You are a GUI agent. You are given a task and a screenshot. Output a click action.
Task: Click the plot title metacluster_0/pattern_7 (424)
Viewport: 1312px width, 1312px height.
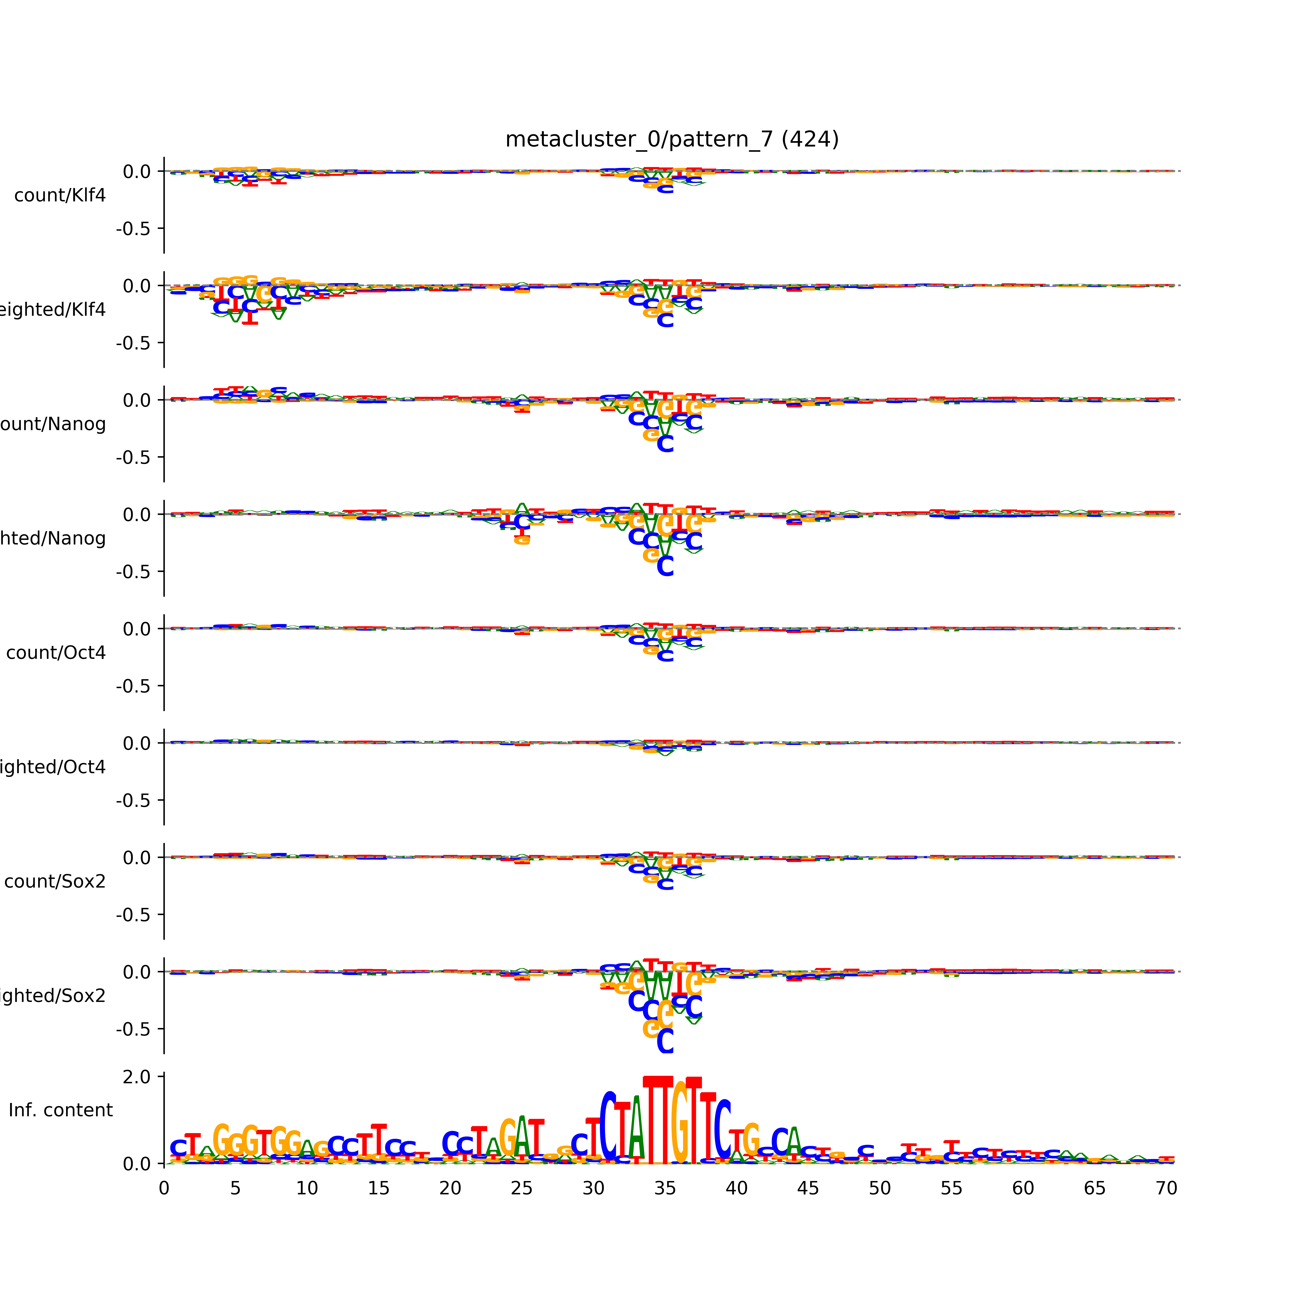(672, 139)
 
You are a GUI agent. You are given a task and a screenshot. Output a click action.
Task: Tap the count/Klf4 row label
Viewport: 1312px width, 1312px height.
(60, 195)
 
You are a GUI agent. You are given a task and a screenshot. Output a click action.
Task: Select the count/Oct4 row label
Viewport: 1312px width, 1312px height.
(56, 653)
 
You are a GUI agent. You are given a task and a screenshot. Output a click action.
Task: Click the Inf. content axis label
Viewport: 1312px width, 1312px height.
(60, 1110)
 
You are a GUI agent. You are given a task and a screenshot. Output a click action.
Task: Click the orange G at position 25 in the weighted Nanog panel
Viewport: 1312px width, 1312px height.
(522, 540)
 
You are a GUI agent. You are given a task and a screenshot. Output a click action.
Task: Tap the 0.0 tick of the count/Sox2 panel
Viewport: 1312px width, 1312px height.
(137, 858)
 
